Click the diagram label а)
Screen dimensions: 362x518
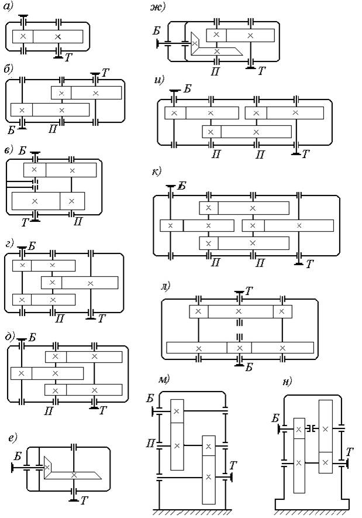(x=8, y=7)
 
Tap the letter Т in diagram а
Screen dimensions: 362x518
(x=68, y=57)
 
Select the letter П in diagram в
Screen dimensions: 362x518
(x=78, y=221)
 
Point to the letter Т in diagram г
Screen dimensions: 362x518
(x=101, y=318)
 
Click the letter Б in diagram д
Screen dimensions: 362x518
(x=32, y=338)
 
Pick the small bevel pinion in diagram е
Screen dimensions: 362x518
(x=47, y=467)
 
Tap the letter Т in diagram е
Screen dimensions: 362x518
(x=84, y=500)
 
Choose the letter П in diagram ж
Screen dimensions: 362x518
(x=215, y=71)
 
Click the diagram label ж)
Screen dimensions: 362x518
(x=157, y=7)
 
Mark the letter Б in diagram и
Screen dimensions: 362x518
(x=187, y=88)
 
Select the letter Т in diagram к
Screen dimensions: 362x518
(x=309, y=264)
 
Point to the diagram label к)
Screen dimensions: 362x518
(x=156, y=171)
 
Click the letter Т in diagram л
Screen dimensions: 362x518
(x=249, y=291)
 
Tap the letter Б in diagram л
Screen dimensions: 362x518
(x=249, y=367)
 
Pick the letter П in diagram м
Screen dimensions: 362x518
(x=150, y=443)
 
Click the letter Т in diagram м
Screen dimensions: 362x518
(x=233, y=465)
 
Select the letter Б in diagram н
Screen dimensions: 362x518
(x=275, y=418)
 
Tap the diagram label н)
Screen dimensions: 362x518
(x=288, y=382)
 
